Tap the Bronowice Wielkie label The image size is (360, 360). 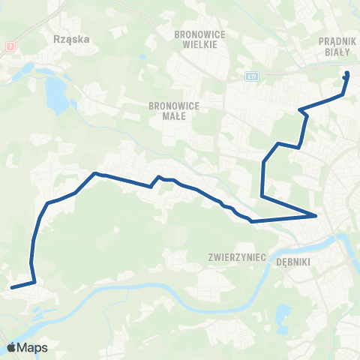click(x=195, y=39)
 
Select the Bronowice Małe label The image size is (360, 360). click(x=174, y=111)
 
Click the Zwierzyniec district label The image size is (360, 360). click(x=238, y=256)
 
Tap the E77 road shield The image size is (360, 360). click(x=251, y=76)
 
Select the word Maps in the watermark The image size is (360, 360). click(x=33, y=348)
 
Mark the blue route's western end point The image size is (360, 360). click(x=11, y=287)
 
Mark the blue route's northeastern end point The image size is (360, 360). click(x=346, y=73)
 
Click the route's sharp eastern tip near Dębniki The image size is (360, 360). click(x=316, y=216)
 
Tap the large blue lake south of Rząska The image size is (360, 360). click(x=55, y=92)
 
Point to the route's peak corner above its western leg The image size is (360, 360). click(x=95, y=174)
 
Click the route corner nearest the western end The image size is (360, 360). click(x=34, y=282)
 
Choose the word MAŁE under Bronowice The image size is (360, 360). click(x=174, y=116)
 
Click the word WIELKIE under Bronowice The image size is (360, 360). click(x=195, y=44)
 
